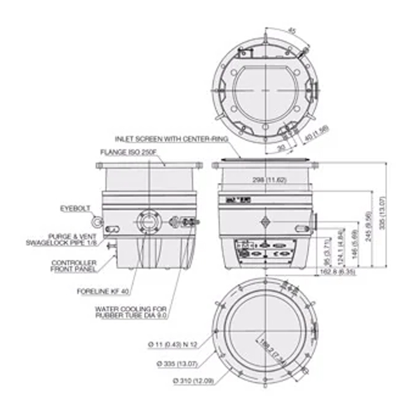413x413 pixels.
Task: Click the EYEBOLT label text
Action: pos(75,208)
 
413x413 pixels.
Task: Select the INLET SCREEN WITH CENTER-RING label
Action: pos(166,138)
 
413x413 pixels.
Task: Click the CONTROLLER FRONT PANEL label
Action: pos(74,266)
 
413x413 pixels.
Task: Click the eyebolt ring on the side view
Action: pos(97,220)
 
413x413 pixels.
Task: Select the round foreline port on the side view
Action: pos(148,222)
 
